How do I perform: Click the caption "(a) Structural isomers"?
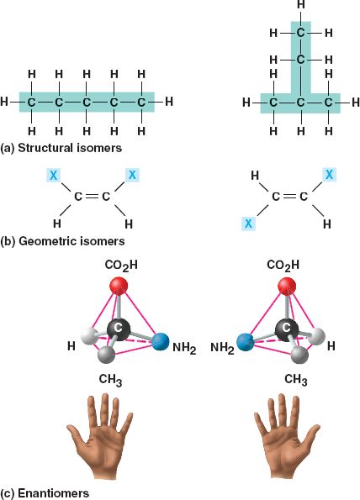point(61,148)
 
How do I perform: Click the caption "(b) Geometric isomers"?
point(62,241)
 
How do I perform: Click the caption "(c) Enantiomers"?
point(45,493)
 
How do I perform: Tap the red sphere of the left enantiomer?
point(119,286)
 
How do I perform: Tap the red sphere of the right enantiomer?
point(287,286)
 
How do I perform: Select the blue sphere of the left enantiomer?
point(160,342)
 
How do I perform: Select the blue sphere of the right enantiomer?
point(246,343)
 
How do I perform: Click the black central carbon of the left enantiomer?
point(119,329)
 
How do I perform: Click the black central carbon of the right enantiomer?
point(287,329)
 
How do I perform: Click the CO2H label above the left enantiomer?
point(121,266)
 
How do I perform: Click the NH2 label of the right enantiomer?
point(222,348)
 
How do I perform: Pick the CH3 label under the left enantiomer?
point(110,380)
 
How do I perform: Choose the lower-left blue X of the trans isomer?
point(248,224)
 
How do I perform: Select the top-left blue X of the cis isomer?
point(54,175)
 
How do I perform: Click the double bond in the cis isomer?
point(92,197)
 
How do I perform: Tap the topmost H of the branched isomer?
point(300,4)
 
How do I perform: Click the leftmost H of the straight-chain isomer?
point(4,102)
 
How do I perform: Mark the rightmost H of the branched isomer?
point(356,103)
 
